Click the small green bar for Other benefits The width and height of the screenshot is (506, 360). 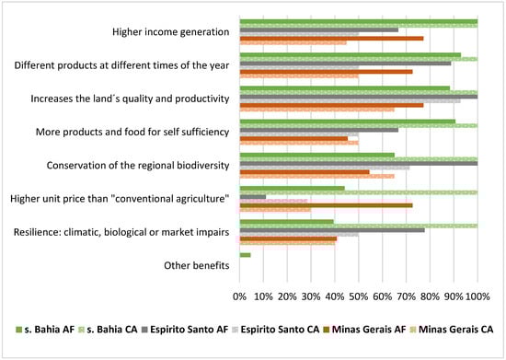[245, 255]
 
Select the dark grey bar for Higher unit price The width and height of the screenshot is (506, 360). [253, 196]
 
